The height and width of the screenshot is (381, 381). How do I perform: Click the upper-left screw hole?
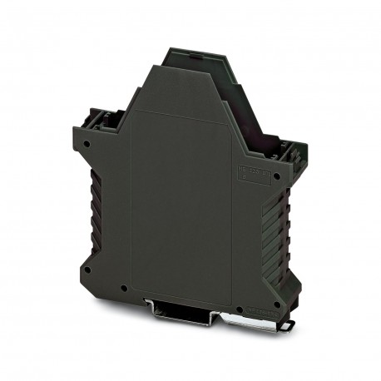coord(87,143)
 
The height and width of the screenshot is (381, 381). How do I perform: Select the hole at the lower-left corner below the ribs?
coord(85,267)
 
